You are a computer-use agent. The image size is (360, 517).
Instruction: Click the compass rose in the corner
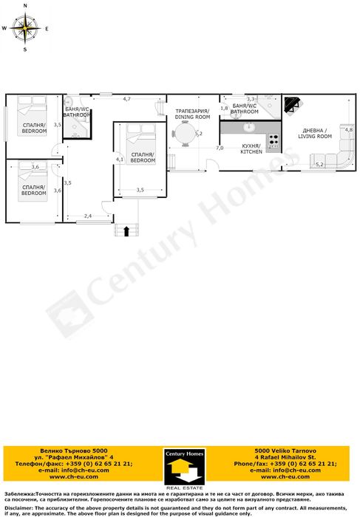point(26,29)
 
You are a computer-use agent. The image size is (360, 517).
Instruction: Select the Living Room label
point(316,133)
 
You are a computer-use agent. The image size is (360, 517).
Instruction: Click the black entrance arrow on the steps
point(126,230)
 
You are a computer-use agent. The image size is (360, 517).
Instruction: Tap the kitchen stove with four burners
point(273,138)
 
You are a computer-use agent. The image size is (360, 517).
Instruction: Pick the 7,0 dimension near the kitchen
point(220,148)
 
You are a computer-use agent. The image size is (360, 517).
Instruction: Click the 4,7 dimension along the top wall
point(126,99)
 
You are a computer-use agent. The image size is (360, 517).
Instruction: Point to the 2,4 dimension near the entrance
point(87,216)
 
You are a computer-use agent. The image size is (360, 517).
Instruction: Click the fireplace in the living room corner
point(291,105)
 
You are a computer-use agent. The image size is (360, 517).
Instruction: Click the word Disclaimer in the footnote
point(19,508)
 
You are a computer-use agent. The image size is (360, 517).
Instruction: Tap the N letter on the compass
point(26,5)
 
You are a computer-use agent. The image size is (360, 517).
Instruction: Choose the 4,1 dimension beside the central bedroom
point(119,159)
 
